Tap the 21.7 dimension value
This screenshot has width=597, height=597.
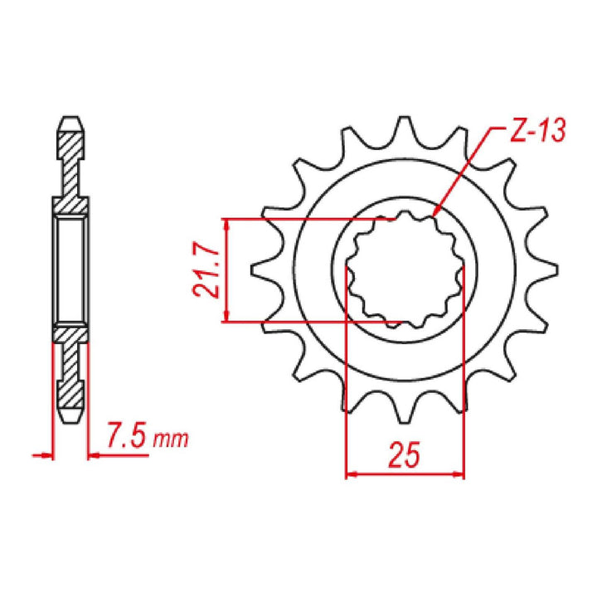[x=208, y=270]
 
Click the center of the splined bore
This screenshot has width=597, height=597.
[x=404, y=269]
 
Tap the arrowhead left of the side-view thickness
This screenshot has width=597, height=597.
[x=46, y=454]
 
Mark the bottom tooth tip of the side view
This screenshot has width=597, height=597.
[x=70, y=412]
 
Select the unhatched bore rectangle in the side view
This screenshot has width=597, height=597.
[x=70, y=269]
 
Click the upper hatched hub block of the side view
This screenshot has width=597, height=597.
[x=70, y=204]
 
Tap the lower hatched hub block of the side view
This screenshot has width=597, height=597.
[x=70, y=335]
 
